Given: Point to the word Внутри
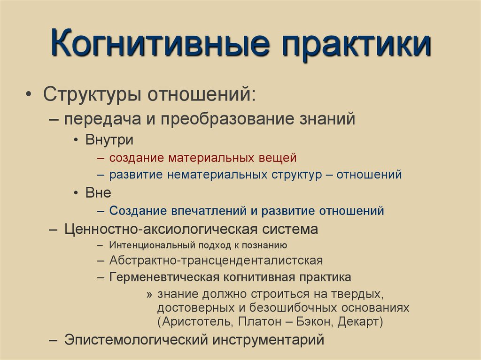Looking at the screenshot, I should tap(109, 139).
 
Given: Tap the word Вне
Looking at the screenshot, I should tap(98, 193).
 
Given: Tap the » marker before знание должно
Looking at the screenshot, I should tap(149, 294).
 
